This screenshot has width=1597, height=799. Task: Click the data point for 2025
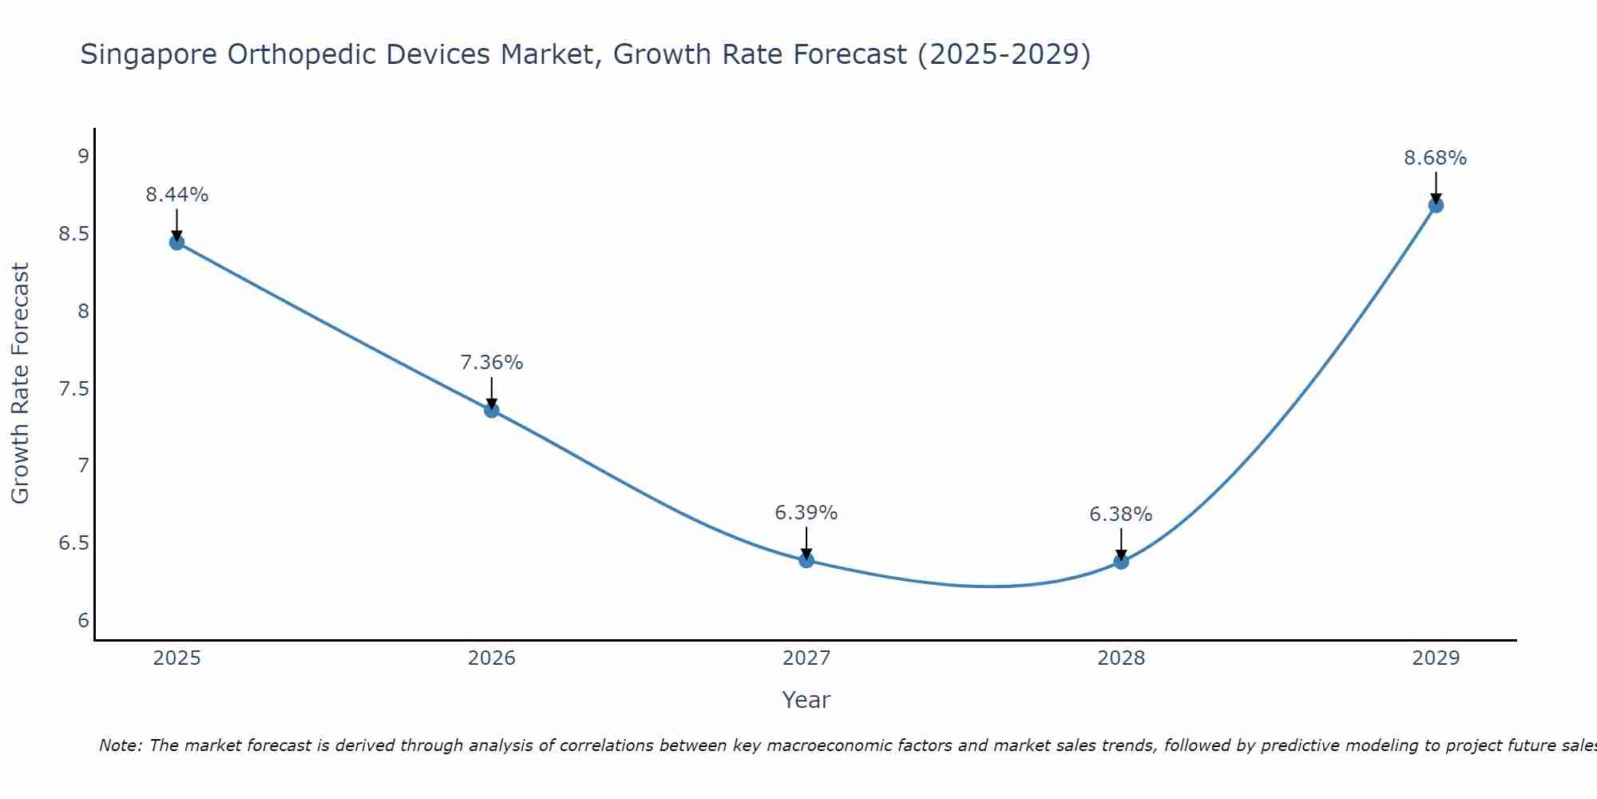[x=177, y=242]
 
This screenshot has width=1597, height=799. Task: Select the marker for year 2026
[x=492, y=410]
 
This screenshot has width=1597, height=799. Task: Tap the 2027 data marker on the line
[x=806, y=560]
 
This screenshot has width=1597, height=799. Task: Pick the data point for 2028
[x=1121, y=562]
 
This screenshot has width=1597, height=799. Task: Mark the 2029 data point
[x=1436, y=205]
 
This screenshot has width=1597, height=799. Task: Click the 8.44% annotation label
[x=177, y=195]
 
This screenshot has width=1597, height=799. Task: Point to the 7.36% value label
[x=492, y=363]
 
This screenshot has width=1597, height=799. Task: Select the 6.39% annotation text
[x=806, y=513]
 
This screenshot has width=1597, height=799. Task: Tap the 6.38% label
[x=1121, y=515]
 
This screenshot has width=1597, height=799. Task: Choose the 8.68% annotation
[x=1436, y=158]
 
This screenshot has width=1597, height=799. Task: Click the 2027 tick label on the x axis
[x=806, y=658]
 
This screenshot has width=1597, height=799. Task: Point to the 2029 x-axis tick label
[x=1436, y=658]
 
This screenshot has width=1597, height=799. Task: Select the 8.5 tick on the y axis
[x=73, y=234]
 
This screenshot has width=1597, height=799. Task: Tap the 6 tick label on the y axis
[x=84, y=621]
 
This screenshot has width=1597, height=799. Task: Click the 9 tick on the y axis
[x=84, y=156]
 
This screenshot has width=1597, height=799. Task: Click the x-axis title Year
[x=806, y=700]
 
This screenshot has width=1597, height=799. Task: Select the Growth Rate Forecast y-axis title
[x=20, y=384]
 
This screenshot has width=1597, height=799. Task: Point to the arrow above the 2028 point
[x=1121, y=543]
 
